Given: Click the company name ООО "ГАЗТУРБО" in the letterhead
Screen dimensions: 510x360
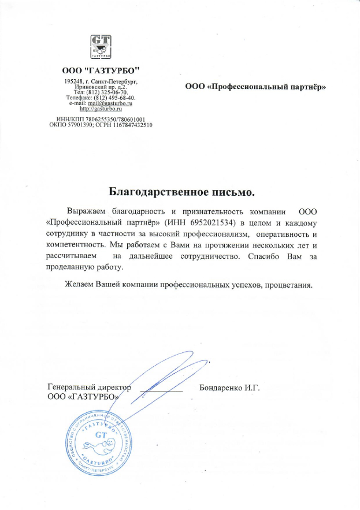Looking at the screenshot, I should [101, 70].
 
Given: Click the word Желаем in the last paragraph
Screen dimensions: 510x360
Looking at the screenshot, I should [80, 285].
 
